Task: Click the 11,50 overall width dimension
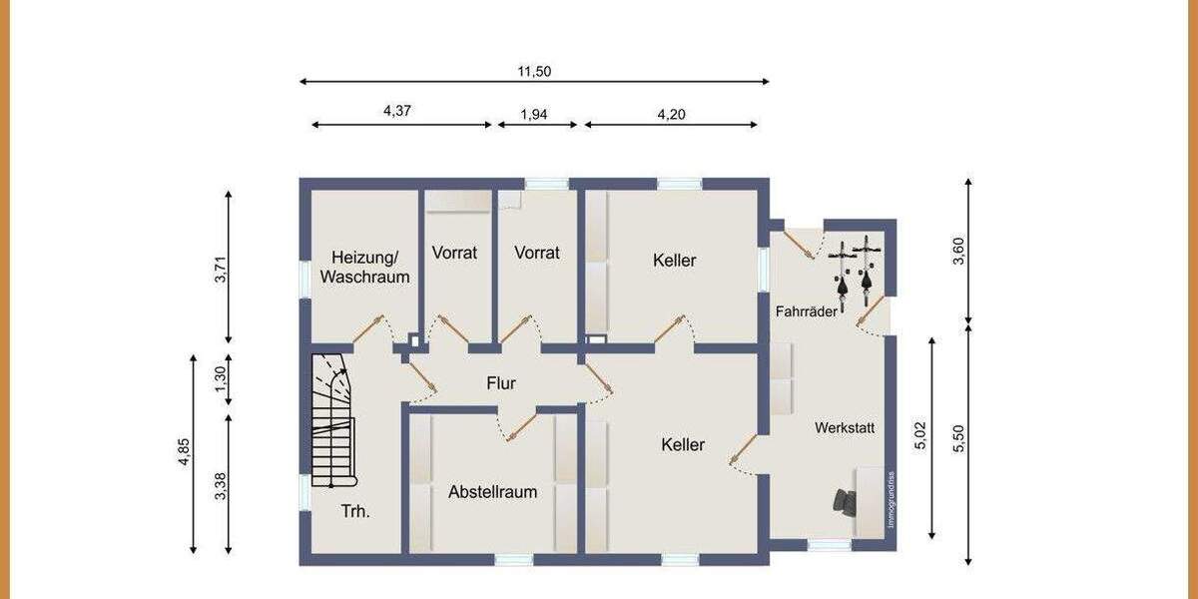tap(534, 71)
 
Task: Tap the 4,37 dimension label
tap(397, 111)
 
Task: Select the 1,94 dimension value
tap(534, 114)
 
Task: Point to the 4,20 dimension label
tap(671, 114)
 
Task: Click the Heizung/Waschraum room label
tap(364, 267)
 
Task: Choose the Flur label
tap(501, 382)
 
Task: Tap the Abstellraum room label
tap(492, 491)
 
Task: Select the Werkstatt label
tap(845, 427)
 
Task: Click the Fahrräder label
tap(807, 311)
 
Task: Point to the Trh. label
tap(355, 511)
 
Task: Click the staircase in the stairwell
tap(332, 419)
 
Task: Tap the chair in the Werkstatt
tap(845, 502)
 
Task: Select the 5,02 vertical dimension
tap(920, 436)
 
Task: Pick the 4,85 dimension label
tap(183, 452)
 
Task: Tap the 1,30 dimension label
tap(221, 379)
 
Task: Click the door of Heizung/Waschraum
tap(368, 329)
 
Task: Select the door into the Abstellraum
tap(518, 426)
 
